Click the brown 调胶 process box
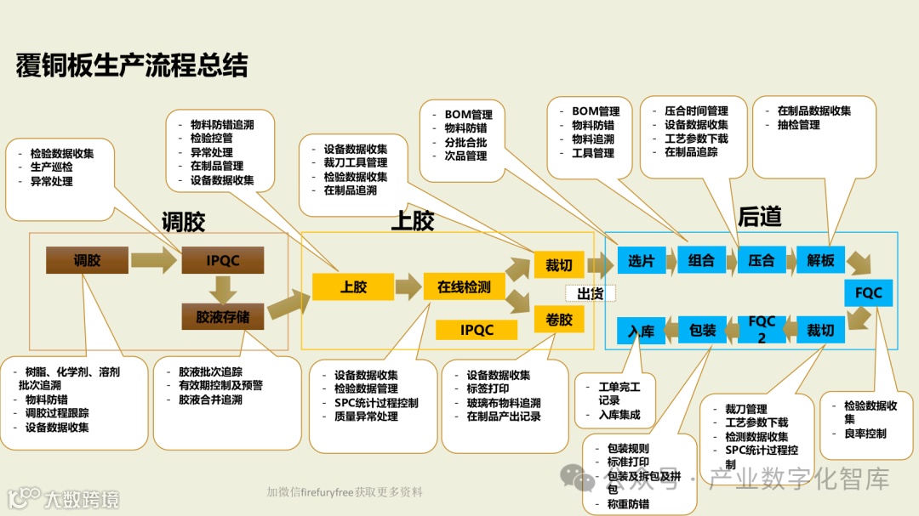pos(87,260)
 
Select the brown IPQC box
pos(223,260)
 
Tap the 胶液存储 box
pos(223,316)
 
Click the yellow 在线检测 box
pos(464,287)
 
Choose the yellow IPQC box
pos(477,329)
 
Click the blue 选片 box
pos(641,261)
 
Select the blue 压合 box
pos(762,261)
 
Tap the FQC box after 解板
pos(869,292)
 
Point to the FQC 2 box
pos(762,329)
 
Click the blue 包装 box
pos(702,329)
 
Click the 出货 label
pos(591,293)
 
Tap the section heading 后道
pos(759,218)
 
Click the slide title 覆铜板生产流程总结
pos(132,65)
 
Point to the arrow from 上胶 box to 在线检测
pos(408,286)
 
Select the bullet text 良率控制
pos(865,434)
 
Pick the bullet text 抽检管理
pos(798,125)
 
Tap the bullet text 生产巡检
pos(51,167)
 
